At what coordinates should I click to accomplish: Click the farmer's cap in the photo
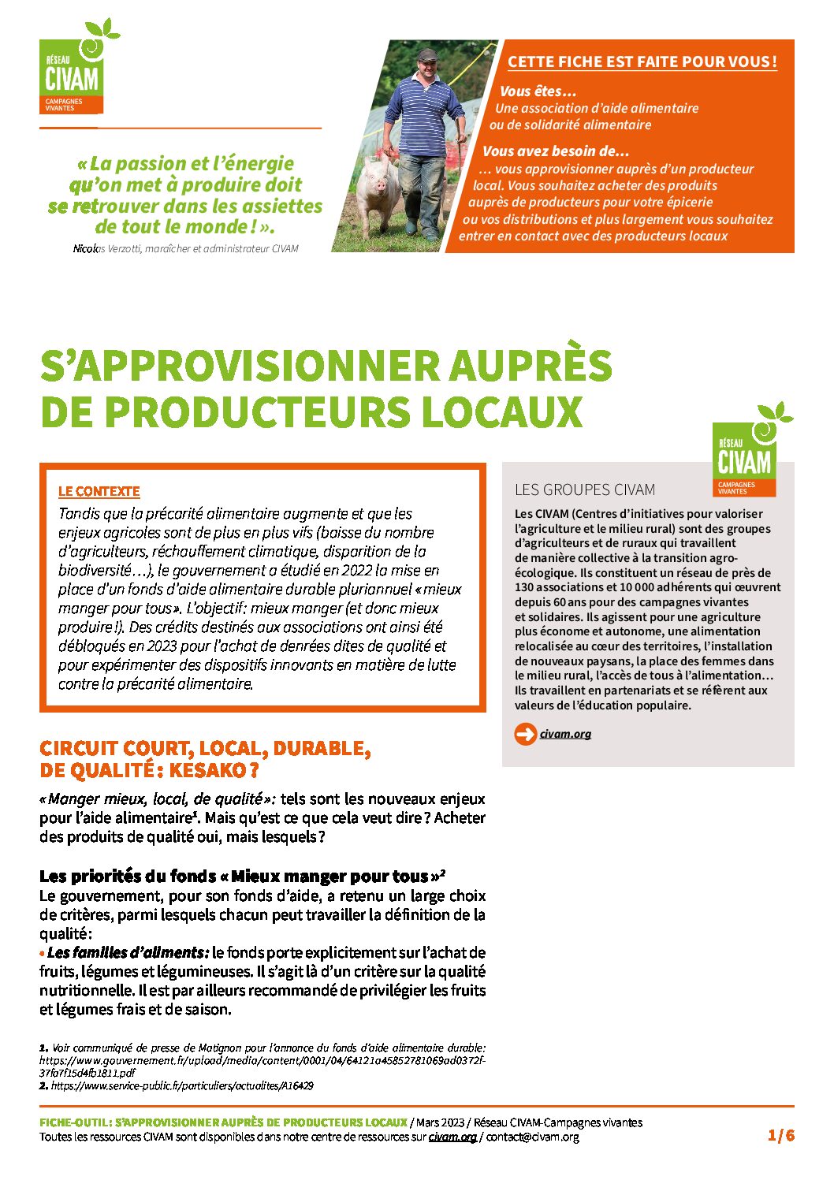tap(427, 55)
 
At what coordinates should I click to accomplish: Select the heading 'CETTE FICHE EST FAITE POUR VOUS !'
tap(642, 61)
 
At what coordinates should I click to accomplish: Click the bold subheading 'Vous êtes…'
tap(538, 91)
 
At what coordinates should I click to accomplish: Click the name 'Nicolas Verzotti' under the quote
tap(106, 248)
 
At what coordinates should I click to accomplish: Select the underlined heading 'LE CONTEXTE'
tap(99, 491)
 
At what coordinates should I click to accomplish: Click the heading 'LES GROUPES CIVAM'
tap(584, 489)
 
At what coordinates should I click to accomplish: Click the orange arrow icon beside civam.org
tap(524, 734)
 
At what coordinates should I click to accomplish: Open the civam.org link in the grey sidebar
tap(565, 734)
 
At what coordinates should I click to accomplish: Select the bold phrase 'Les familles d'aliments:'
tap(128, 952)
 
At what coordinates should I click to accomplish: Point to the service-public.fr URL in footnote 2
tap(182, 1085)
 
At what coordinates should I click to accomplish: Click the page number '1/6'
tap(780, 1135)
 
